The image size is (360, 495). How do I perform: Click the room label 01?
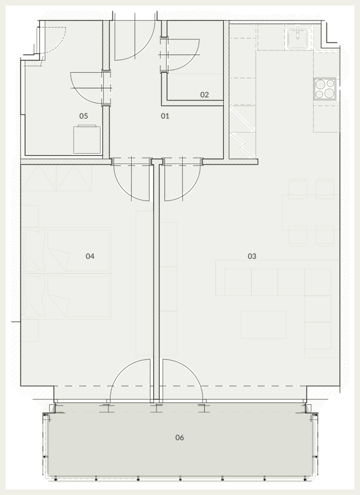point(165,116)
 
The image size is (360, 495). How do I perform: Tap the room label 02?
point(205,95)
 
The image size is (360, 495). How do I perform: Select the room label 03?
point(252,256)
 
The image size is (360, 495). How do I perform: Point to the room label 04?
point(90,256)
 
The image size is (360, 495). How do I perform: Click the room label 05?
point(83,116)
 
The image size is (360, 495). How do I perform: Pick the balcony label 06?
point(179,437)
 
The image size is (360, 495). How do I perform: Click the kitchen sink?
point(298,38)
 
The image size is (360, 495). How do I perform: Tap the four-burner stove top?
point(325,89)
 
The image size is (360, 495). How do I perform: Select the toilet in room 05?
point(87,139)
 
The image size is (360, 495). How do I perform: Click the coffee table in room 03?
point(263,325)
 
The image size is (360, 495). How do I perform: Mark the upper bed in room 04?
point(67,250)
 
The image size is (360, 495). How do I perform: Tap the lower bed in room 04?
point(67,297)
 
